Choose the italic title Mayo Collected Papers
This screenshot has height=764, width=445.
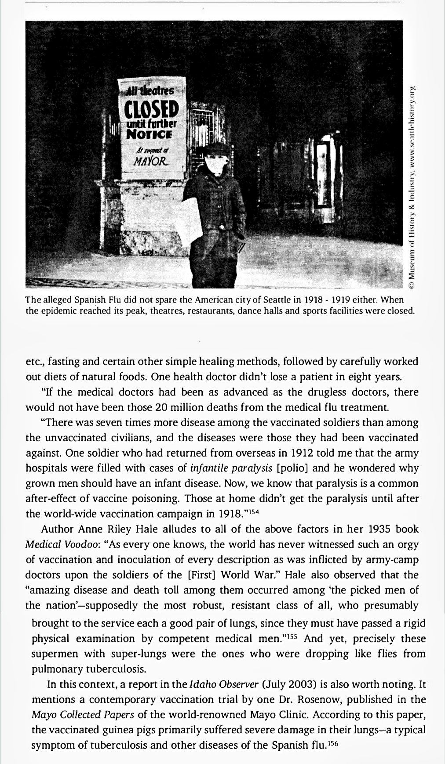coord(83,714)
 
